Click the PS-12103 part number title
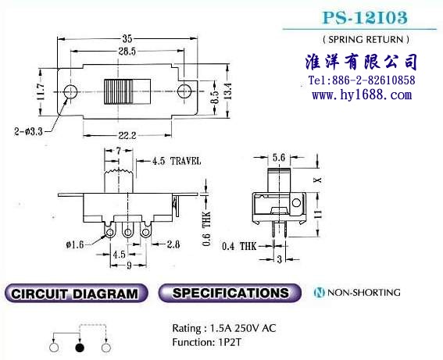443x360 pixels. (x=365, y=17)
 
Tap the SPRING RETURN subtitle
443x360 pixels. (x=366, y=40)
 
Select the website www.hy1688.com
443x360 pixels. (x=362, y=94)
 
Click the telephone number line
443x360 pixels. (x=362, y=80)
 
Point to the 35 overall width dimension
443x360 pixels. (x=127, y=39)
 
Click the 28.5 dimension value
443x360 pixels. (x=127, y=52)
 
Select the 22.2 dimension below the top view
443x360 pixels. (x=127, y=136)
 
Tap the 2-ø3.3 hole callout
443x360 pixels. (x=28, y=131)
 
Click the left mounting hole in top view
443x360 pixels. (x=70, y=91)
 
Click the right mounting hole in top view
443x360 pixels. (x=184, y=91)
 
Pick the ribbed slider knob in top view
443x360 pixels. (x=127, y=91)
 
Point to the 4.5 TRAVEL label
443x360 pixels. (x=177, y=161)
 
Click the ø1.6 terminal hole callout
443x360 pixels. (x=75, y=244)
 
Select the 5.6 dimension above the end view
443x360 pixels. (x=279, y=158)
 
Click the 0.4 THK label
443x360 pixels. (x=239, y=246)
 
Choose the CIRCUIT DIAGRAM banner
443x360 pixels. (x=76, y=294)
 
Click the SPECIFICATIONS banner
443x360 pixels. (x=230, y=293)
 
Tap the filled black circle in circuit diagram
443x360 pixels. (x=80, y=348)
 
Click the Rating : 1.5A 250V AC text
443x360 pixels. (x=224, y=328)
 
